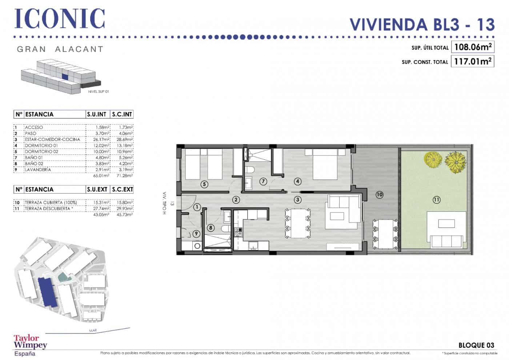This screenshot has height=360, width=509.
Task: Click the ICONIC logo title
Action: coord(60,19)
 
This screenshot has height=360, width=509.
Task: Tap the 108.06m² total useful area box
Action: coord(472,47)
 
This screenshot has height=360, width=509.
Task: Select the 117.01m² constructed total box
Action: coord(472,61)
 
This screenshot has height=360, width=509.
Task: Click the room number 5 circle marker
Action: coord(204,184)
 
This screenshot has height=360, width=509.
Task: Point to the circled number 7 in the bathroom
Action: coord(263,181)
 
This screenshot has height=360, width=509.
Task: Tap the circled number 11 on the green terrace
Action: coord(436,199)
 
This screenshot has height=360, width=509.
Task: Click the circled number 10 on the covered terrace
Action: coord(379,195)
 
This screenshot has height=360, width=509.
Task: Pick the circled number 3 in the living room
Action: coord(298,199)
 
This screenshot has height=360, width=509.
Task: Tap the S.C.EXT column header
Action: coord(122,189)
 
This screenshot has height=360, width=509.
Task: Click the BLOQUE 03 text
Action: coord(476,345)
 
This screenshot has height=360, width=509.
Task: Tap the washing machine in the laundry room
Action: coord(197,246)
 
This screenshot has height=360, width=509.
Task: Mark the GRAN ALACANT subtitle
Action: coord(60,49)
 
